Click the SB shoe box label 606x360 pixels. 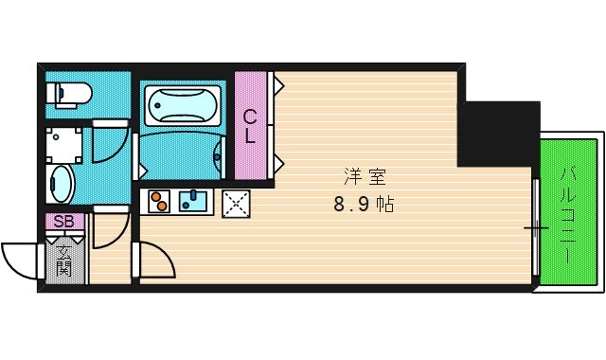point(63,222)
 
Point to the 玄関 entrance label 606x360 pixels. point(64,260)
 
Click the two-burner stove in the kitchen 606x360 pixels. point(157,202)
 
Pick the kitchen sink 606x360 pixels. point(194,201)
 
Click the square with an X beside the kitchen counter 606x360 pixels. point(235,203)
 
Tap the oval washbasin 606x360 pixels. point(61,183)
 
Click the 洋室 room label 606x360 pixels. point(358,176)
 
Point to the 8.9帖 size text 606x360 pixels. point(364,203)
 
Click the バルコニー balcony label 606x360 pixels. point(568,213)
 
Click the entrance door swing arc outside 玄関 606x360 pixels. point(21,259)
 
